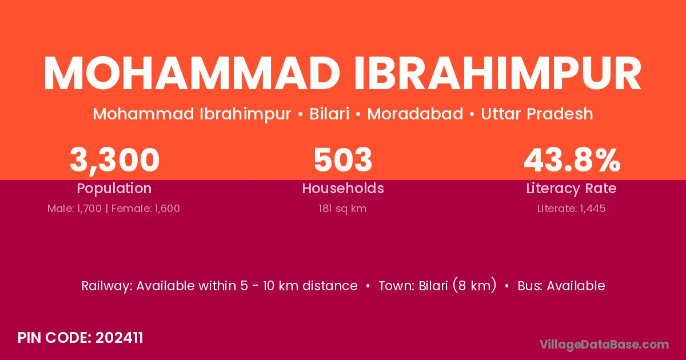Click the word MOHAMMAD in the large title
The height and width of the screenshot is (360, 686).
192,73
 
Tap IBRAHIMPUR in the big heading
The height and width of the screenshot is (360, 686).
498,73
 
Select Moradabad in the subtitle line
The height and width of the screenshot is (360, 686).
415,114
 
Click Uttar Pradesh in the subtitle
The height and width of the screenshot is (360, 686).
537,114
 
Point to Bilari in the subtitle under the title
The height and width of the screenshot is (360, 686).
329,114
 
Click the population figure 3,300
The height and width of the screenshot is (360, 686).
114,160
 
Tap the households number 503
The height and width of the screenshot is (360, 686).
343,159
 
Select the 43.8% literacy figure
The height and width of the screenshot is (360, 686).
572,159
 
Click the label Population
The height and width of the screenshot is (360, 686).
114,189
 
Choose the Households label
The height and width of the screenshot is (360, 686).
343,188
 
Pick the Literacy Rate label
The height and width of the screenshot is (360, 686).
572,189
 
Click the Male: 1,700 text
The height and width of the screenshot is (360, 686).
74,209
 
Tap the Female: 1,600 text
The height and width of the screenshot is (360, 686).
146,209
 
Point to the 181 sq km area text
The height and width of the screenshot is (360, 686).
342,209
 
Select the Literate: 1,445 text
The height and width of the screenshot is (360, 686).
572,209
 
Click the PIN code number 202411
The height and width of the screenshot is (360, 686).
119,338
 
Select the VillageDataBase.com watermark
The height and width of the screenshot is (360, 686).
605,345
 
